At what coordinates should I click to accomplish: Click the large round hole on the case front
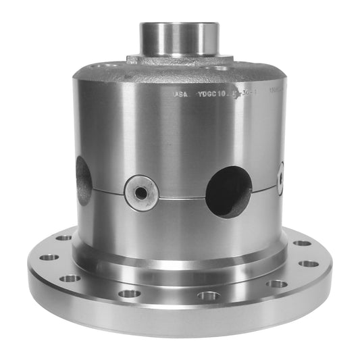(229, 192)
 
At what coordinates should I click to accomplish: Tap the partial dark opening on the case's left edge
(84, 180)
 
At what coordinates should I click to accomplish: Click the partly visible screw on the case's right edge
(280, 178)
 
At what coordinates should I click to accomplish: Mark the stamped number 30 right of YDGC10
(248, 95)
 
